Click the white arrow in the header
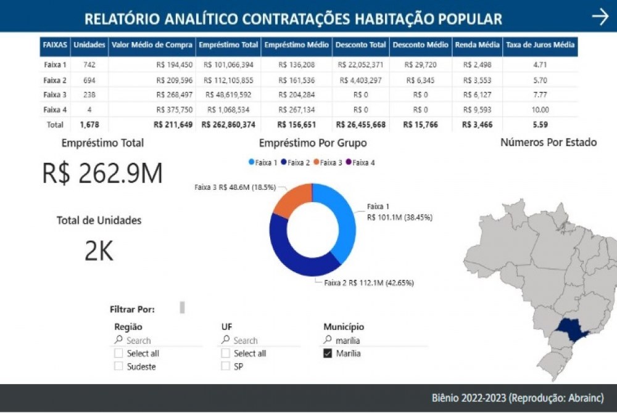click(600, 17)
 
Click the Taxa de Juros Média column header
click(540, 45)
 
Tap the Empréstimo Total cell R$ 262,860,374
click(228, 125)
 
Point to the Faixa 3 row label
click(55, 94)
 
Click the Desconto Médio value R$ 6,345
click(421, 80)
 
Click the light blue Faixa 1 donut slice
click(342, 222)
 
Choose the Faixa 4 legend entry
click(360, 162)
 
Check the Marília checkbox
click(328, 354)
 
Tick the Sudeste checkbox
click(118, 367)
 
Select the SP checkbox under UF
click(225, 367)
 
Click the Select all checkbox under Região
click(118, 354)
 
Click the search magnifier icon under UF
click(226, 340)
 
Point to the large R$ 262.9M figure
click(102, 174)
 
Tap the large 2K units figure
click(99, 250)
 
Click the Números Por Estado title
click(548, 142)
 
